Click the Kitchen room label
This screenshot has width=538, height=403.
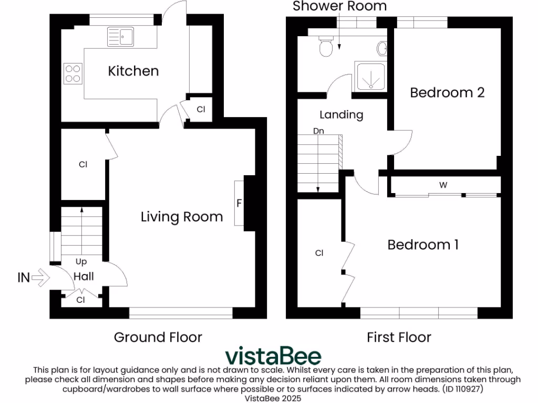[x=133, y=71]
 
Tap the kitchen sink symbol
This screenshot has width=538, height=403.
[x=121, y=36]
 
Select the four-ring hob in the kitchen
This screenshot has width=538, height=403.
[x=73, y=73]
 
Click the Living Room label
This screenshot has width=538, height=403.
[x=182, y=216]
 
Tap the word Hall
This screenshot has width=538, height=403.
[x=84, y=276]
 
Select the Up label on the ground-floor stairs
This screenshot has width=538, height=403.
[x=81, y=261]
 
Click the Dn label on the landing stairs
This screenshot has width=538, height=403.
[x=318, y=131]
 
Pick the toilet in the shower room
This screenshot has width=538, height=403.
[x=326, y=47]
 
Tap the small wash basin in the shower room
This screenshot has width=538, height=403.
[x=382, y=49]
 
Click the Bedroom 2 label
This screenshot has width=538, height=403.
[x=447, y=92]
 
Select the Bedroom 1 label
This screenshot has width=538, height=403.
[x=423, y=245]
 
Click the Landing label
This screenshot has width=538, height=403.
[x=342, y=114]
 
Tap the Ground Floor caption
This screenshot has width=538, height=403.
[x=158, y=337]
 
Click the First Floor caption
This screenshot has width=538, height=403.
[x=399, y=337]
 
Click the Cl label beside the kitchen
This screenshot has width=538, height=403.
[x=201, y=110]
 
